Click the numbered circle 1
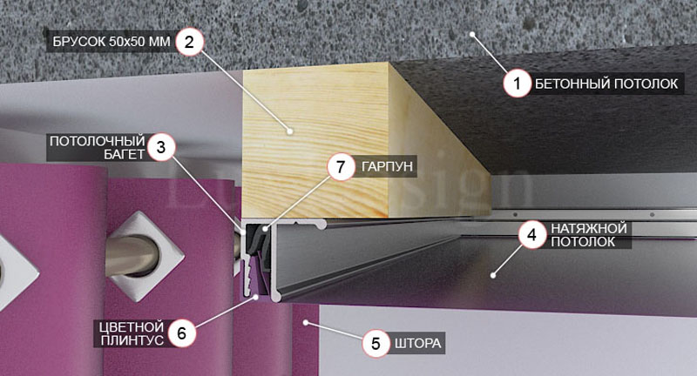517,83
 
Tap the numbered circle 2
189,42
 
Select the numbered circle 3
161,147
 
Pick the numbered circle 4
531,235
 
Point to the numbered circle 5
376,343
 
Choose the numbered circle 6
181,332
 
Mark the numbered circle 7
341,167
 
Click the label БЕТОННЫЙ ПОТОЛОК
606,84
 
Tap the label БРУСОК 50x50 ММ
112,42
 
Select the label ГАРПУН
387,167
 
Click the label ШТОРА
418,344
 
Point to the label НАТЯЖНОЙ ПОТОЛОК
589,235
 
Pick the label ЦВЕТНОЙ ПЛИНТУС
132,333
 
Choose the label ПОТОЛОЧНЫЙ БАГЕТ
98,147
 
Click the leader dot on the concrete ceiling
471,34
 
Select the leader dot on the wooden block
290,131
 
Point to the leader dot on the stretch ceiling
493,276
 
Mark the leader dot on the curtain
306,322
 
